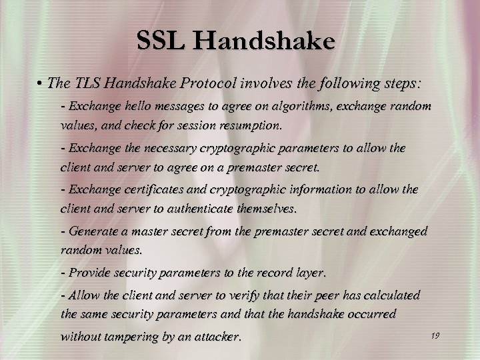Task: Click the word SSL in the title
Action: click(160, 42)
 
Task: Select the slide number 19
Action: click(435, 335)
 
